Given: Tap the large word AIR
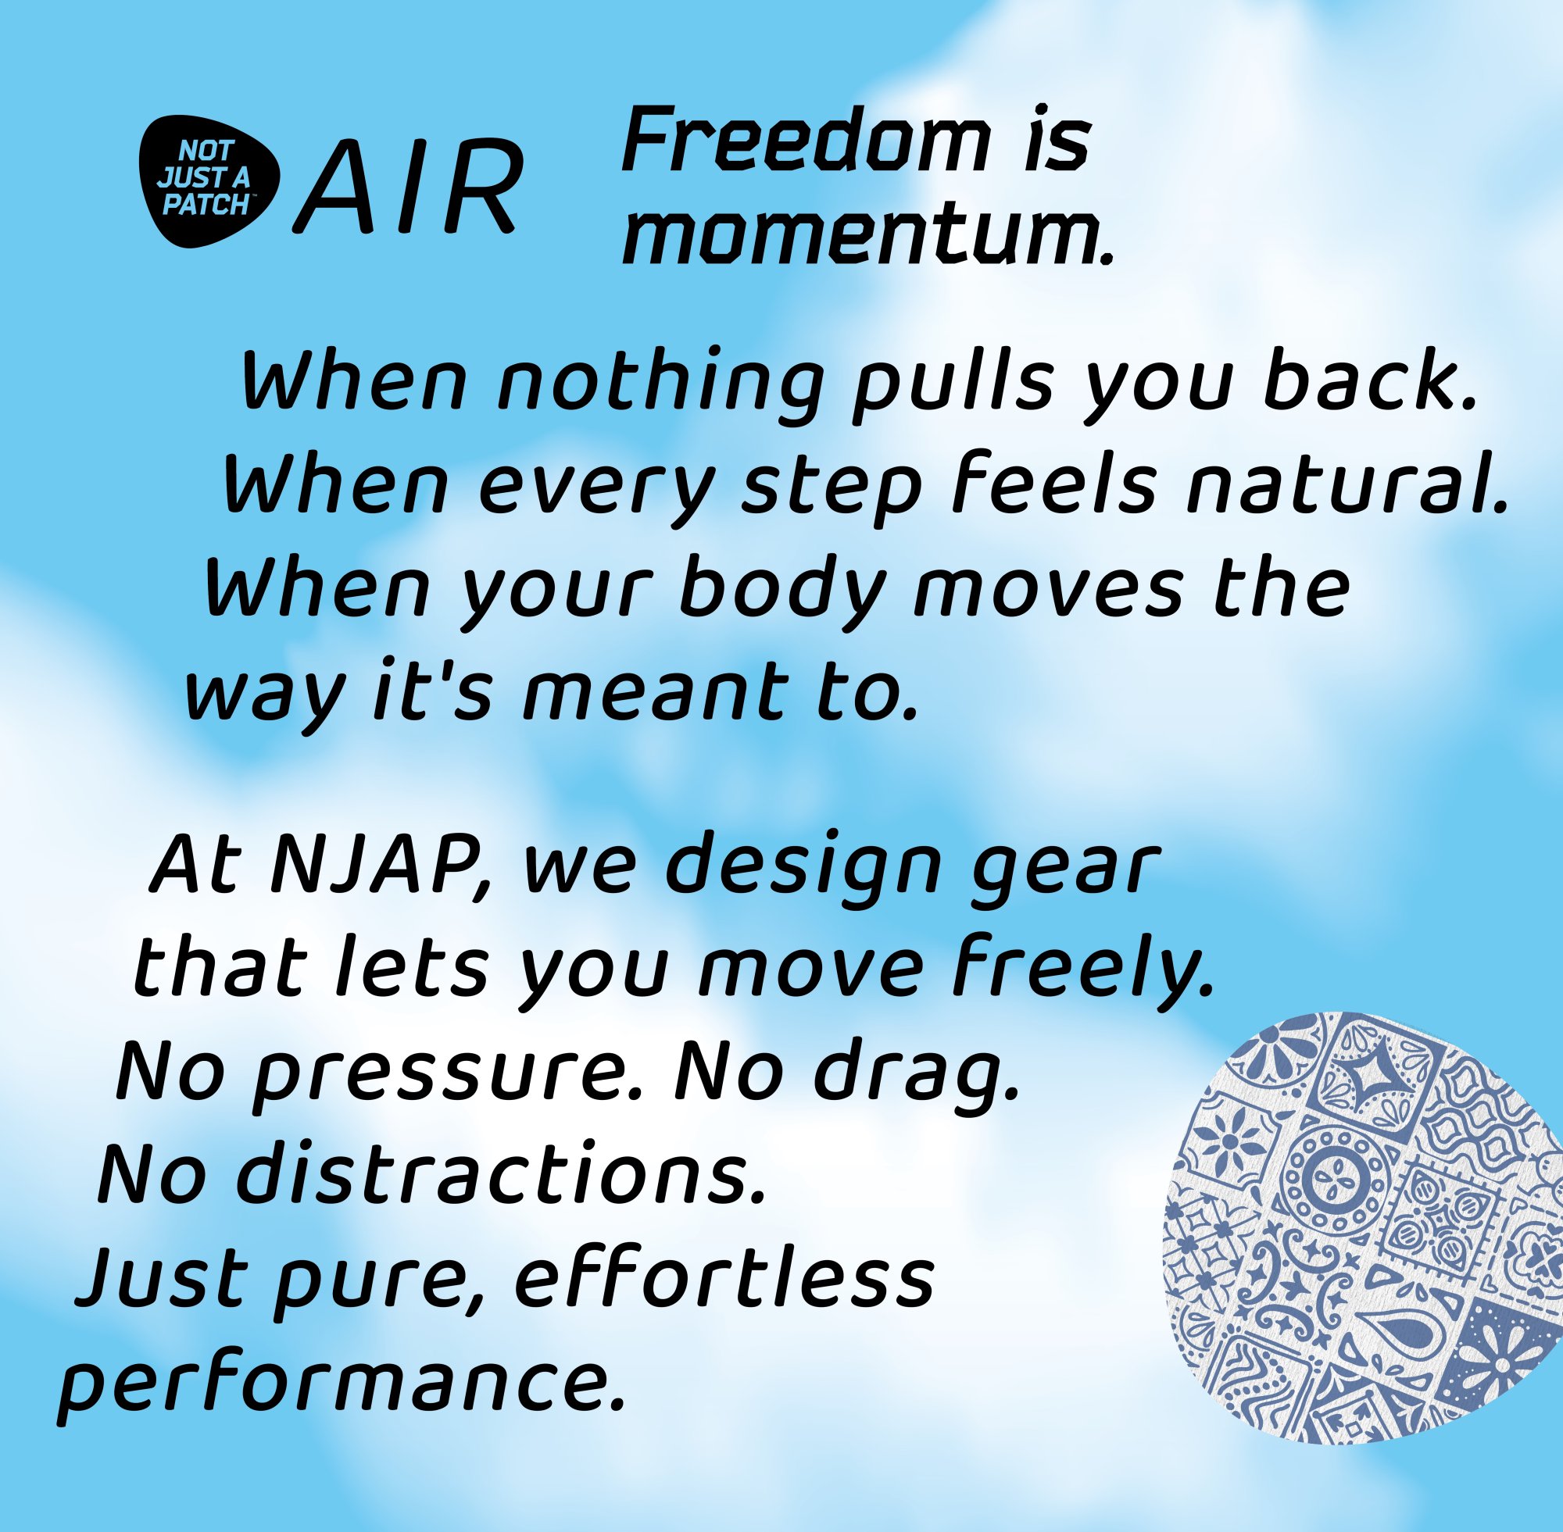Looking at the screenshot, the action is coord(407,187).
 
